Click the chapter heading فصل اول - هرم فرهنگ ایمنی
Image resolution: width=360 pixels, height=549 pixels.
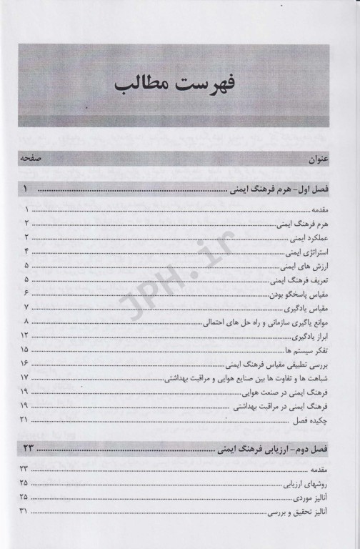284,192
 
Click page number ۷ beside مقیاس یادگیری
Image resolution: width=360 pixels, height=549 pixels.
26,308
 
